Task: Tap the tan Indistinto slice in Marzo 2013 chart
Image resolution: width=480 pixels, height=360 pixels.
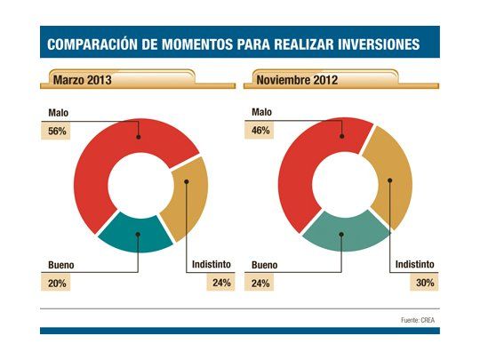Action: [188, 197]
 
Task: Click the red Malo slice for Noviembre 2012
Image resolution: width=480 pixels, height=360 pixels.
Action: [307, 160]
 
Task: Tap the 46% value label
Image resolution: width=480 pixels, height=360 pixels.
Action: [261, 130]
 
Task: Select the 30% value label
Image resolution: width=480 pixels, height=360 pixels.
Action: [421, 283]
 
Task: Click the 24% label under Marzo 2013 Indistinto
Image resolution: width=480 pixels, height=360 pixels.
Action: [220, 283]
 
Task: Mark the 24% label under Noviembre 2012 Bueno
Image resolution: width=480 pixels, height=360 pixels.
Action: [261, 283]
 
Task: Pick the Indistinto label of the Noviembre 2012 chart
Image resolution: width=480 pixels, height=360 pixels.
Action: [414, 265]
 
